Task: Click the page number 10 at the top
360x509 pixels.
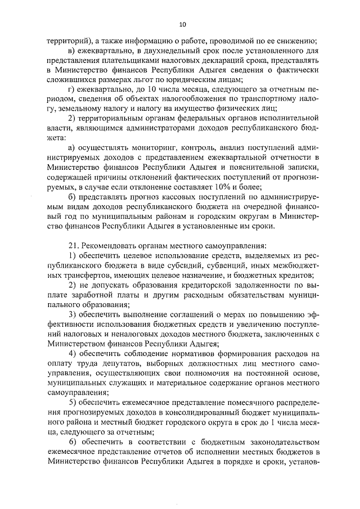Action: pyautogui.click(x=182, y=25)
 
